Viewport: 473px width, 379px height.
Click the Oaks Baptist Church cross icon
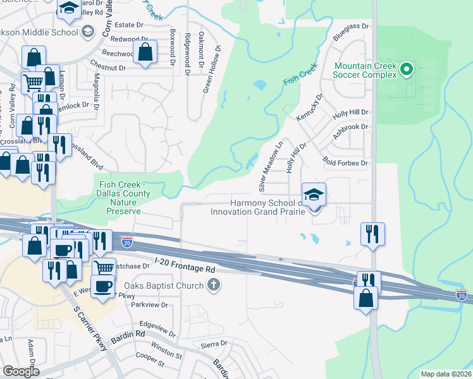(x=214, y=286)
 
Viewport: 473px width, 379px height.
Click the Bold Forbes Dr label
(x=345, y=163)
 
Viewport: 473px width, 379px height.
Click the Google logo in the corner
(x=21, y=371)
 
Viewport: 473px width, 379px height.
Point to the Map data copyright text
(x=445, y=374)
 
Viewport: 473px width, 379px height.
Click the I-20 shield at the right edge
(x=461, y=295)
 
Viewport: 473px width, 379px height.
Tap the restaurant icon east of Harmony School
(x=373, y=234)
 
